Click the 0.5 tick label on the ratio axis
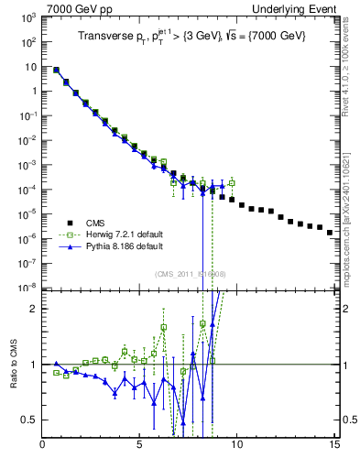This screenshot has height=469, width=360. pos(30,420)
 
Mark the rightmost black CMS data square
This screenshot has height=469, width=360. pos(330,233)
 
